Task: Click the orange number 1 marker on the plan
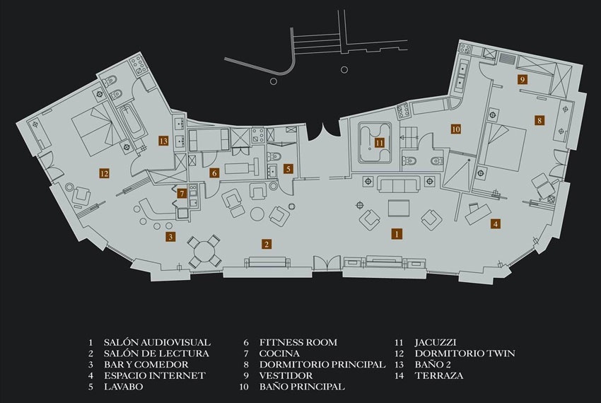[397, 233]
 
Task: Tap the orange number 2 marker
[267, 244]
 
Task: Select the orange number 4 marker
[496, 223]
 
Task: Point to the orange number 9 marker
[522, 79]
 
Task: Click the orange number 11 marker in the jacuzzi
[380, 143]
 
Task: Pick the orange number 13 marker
[163, 141]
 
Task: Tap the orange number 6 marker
[215, 173]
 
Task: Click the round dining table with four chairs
[204, 251]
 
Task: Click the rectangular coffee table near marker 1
[399, 208]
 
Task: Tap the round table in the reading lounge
[257, 214]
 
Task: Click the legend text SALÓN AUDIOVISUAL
[157, 342]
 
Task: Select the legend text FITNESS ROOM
[298, 342]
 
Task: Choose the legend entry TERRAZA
[439, 375]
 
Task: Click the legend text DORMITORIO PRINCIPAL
[322, 364]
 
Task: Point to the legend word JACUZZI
[436, 342]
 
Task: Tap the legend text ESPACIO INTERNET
[155, 375]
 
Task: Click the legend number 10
[245, 387]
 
